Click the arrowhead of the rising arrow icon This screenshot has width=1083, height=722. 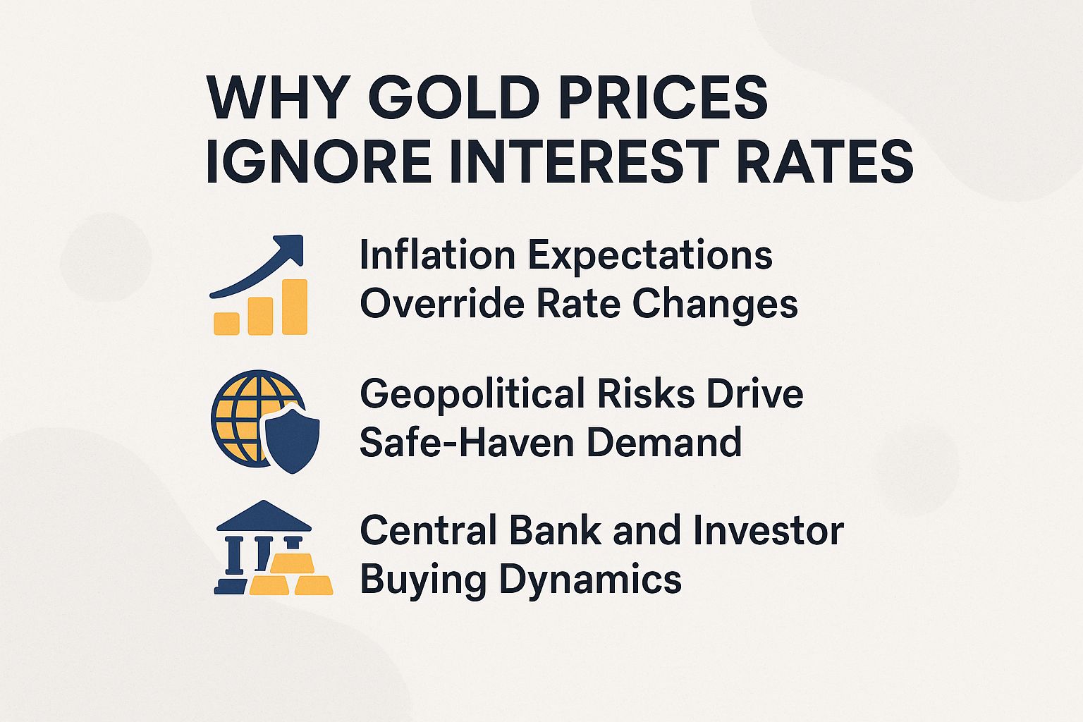tap(290, 247)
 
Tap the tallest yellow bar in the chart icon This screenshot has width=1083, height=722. tap(295, 307)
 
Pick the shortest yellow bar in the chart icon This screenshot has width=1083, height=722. tap(226, 322)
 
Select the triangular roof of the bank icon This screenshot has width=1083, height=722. tap(263, 515)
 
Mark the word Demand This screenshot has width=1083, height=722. tap(664, 442)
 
